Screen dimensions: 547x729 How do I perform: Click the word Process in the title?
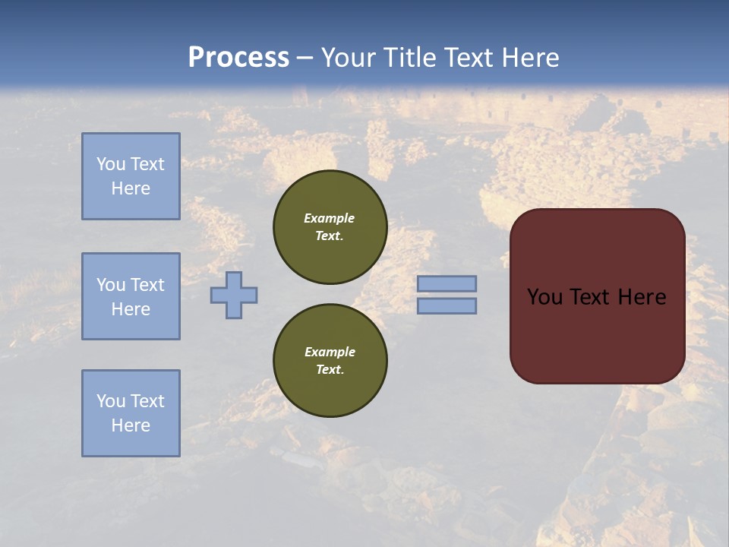tap(238, 57)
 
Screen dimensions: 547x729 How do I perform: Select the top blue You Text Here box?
tap(131, 176)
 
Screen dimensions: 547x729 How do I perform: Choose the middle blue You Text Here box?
tap(131, 296)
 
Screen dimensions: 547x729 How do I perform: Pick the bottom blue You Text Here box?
tap(131, 413)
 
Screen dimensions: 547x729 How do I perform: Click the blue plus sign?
tap(234, 295)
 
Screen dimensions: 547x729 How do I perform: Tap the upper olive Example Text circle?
tap(330, 227)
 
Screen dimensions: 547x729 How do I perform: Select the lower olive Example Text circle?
tap(330, 361)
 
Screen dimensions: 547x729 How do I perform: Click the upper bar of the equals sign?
tap(447, 283)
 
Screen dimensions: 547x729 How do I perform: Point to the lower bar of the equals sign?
tap(447, 305)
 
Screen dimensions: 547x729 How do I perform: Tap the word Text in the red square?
tap(590, 297)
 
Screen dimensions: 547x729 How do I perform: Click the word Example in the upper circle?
tap(330, 218)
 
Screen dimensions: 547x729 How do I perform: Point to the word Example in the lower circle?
tap(330, 352)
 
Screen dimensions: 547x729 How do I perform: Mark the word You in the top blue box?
tap(110, 164)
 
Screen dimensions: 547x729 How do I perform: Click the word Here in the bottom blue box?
tap(131, 425)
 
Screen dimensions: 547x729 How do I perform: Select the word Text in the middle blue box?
tap(147, 285)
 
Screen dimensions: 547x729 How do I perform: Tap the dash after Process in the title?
tap(305, 57)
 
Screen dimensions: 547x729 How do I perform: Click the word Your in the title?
tap(349, 57)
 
